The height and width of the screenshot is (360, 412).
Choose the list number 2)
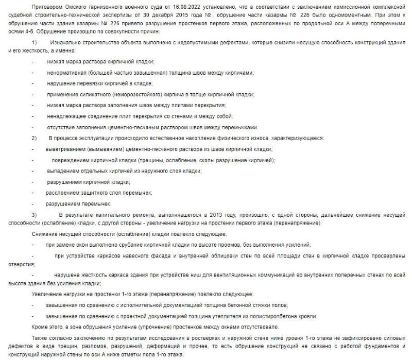click(35, 138)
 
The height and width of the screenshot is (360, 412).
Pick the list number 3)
click(35, 213)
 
